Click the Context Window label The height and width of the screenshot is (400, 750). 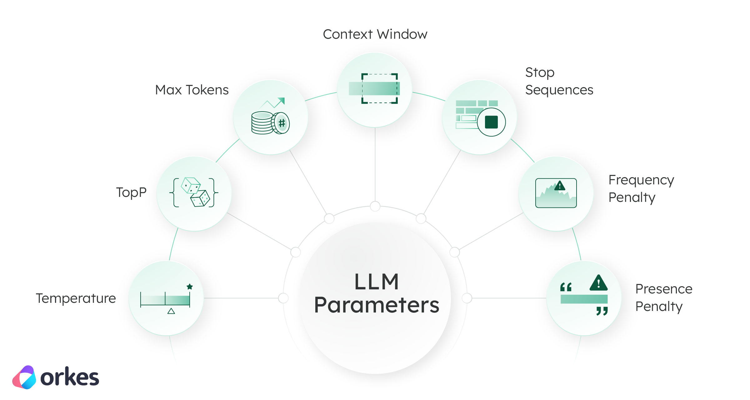[375, 34]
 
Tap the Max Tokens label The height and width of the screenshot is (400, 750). [192, 90]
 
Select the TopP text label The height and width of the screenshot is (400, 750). [131, 192]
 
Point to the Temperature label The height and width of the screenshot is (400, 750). [76, 298]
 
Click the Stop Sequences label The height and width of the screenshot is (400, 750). [559, 81]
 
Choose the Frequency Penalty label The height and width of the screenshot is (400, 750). [641, 189]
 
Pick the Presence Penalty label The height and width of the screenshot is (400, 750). [664, 298]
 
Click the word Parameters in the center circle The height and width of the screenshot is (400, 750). [377, 305]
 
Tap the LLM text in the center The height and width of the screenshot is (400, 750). [377, 282]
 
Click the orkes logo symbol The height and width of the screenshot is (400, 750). [24, 377]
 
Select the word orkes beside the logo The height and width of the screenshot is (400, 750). [70, 377]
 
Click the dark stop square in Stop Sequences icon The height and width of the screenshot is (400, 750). [491, 122]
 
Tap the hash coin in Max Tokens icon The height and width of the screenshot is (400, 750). [282, 123]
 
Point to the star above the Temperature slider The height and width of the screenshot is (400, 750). [190, 287]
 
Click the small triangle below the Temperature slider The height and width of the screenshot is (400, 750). [171, 311]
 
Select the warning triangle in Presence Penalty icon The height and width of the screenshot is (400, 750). [598, 283]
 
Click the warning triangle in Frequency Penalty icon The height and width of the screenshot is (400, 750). [560, 186]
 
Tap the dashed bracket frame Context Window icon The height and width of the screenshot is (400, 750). [379, 89]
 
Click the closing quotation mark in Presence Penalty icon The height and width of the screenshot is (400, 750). [602, 311]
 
